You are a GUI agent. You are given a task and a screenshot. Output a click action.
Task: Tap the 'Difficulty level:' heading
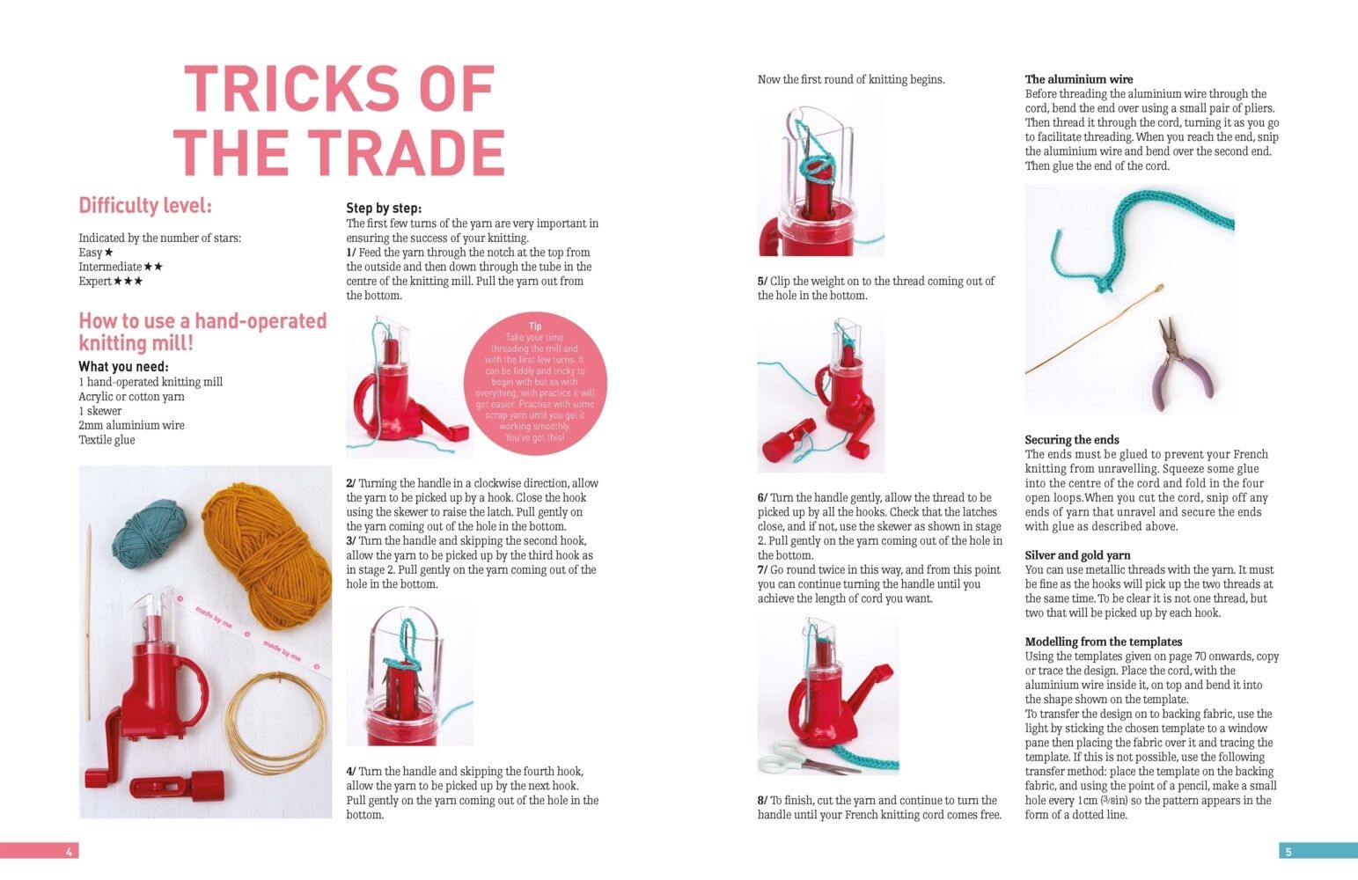145,206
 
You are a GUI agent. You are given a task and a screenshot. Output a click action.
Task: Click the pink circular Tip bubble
535,383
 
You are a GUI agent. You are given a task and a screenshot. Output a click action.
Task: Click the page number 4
70,852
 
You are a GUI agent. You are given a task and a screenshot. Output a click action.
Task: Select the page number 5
1288,852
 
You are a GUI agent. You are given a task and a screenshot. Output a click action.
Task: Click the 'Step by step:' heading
384,208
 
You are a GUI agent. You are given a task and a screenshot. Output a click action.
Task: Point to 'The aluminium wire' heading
1079,79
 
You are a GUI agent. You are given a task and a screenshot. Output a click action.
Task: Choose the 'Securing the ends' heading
1072,440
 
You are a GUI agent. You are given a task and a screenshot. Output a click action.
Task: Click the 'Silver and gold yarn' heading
1077,555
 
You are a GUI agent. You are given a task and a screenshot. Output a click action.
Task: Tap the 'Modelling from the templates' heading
1104,642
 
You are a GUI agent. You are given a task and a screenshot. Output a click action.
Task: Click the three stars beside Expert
128,282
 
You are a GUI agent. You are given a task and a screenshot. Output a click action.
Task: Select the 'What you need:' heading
124,367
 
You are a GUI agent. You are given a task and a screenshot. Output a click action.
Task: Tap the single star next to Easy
108,253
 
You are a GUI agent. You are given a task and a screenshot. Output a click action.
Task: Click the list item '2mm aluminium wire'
131,425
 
